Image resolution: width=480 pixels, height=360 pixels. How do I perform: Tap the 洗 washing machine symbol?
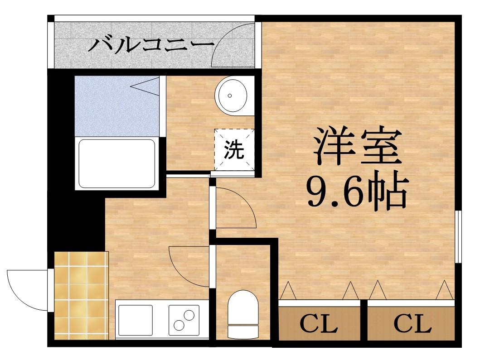point(234,150)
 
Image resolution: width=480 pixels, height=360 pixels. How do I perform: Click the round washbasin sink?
point(231,95)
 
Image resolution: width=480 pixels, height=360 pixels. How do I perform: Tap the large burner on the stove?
point(179,325)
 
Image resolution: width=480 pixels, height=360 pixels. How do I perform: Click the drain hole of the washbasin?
point(230,96)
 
